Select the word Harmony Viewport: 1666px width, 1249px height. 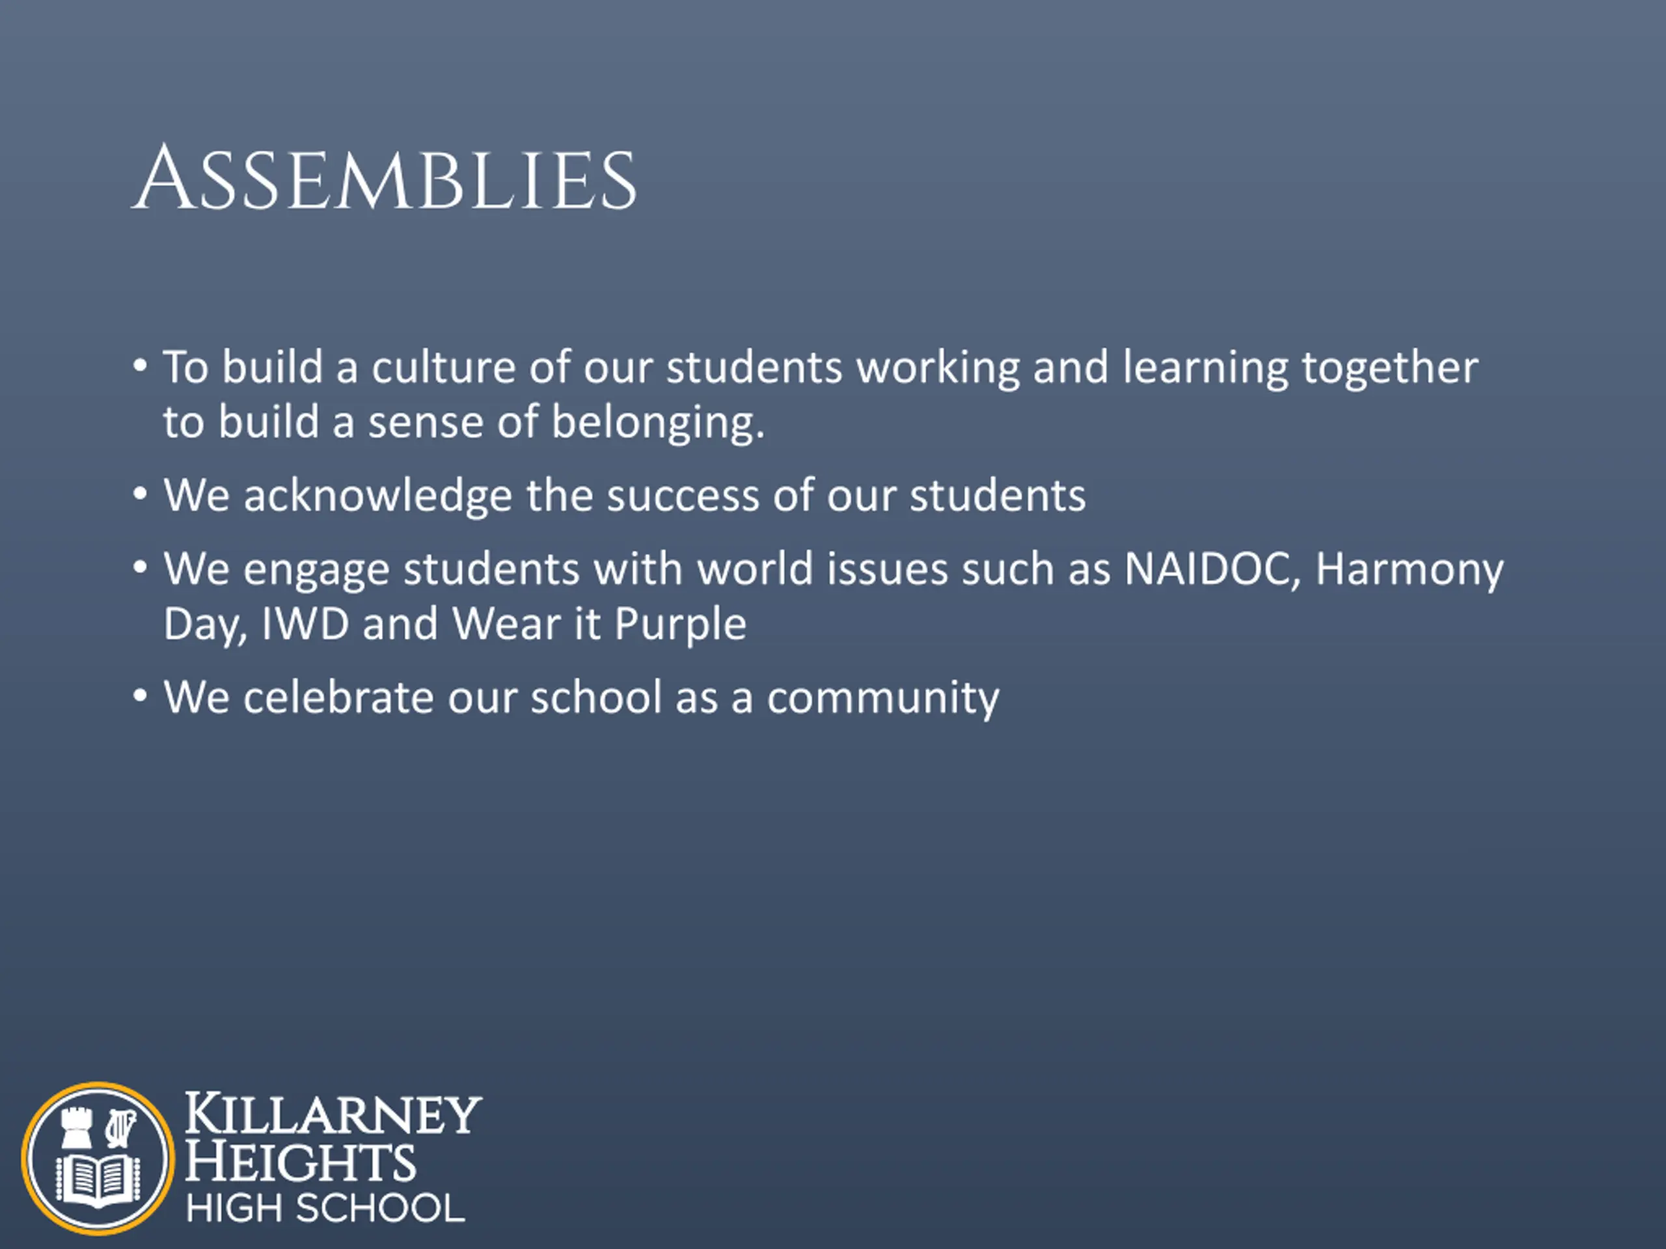(x=1409, y=571)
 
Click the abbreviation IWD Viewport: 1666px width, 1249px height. (x=305, y=624)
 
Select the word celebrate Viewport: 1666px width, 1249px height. (x=339, y=697)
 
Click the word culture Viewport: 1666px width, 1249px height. (x=444, y=368)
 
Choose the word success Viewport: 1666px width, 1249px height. (x=683, y=498)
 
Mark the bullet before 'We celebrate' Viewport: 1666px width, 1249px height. (x=140, y=697)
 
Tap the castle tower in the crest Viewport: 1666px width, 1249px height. (x=76, y=1128)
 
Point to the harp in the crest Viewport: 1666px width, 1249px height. (x=120, y=1128)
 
